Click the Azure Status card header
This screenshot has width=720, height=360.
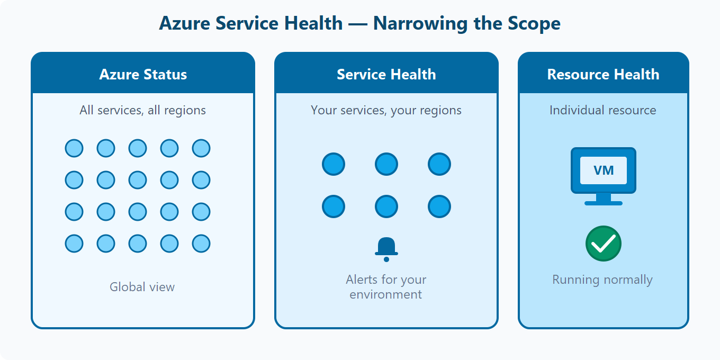pyautogui.click(x=143, y=74)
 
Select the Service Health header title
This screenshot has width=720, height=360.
pyautogui.click(x=386, y=75)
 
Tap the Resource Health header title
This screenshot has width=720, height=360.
pyautogui.click(x=603, y=75)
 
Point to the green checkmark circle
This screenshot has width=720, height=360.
pyautogui.click(x=603, y=244)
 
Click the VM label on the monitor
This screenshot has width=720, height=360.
pyautogui.click(x=604, y=170)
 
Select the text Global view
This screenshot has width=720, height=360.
pyautogui.click(x=142, y=287)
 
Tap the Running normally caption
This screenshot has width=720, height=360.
pyautogui.click(x=602, y=280)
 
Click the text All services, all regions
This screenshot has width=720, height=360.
pyautogui.click(x=142, y=110)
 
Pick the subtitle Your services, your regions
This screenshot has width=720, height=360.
pyautogui.click(x=386, y=110)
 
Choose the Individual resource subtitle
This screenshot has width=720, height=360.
pyautogui.click(x=602, y=110)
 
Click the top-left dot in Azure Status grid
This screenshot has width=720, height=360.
pyautogui.click(x=74, y=148)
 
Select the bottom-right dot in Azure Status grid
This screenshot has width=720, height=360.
pyautogui.click(x=201, y=244)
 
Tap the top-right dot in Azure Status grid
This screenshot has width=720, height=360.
pyautogui.click(x=201, y=148)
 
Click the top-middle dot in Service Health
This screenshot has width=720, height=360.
pyautogui.click(x=386, y=164)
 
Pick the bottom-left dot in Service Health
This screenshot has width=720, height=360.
pyautogui.click(x=334, y=206)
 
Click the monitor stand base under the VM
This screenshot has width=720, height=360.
pyautogui.click(x=604, y=203)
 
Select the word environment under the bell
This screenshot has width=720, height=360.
pyautogui.click(x=386, y=294)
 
